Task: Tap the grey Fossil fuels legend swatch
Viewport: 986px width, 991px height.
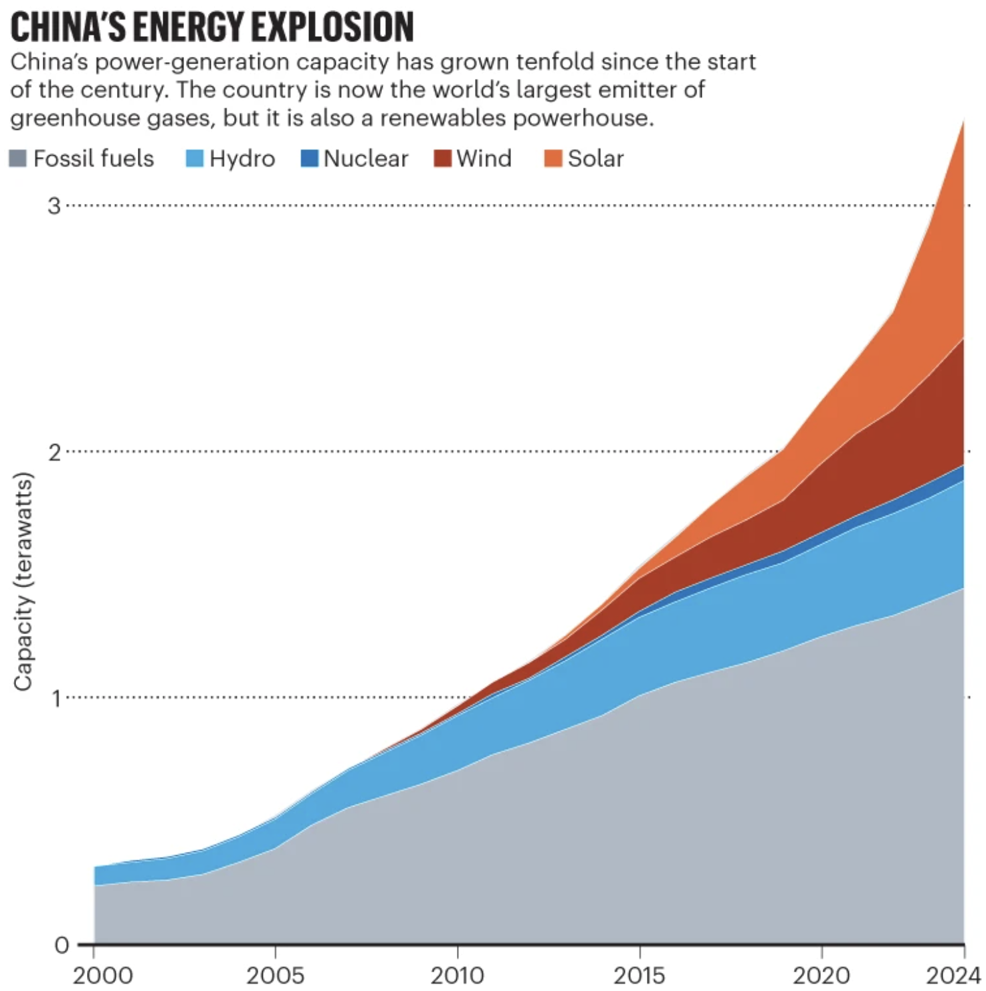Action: pyautogui.click(x=17, y=158)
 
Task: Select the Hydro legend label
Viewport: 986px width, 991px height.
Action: pyautogui.click(x=242, y=158)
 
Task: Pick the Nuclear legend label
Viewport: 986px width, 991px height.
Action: pyautogui.click(x=366, y=158)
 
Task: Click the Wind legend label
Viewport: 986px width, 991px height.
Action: pyautogui.click(x=484, y=158)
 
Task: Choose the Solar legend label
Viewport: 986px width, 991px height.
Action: pyautogui.click(x=595, y=158)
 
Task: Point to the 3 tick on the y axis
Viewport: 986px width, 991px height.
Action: pyautogui.click(x=54, y=205)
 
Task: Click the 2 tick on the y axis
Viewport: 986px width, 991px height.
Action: pyautogui.click(x=54, y=452)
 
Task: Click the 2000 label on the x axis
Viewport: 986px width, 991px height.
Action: pyautogui.click(x=102, y=976)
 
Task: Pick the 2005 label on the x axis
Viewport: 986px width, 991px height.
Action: pyautogui.click(x=275, y=976)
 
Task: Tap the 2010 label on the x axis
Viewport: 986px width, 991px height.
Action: pyautogui.click(x=458, y=976)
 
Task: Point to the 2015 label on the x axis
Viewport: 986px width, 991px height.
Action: pyautogui.click(x=639, y=976)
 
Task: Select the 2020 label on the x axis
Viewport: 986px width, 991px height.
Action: pyautogui.click(x=821, y=976)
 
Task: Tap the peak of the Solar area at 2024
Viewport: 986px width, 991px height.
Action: pyautogui.click(x=963, y=122)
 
